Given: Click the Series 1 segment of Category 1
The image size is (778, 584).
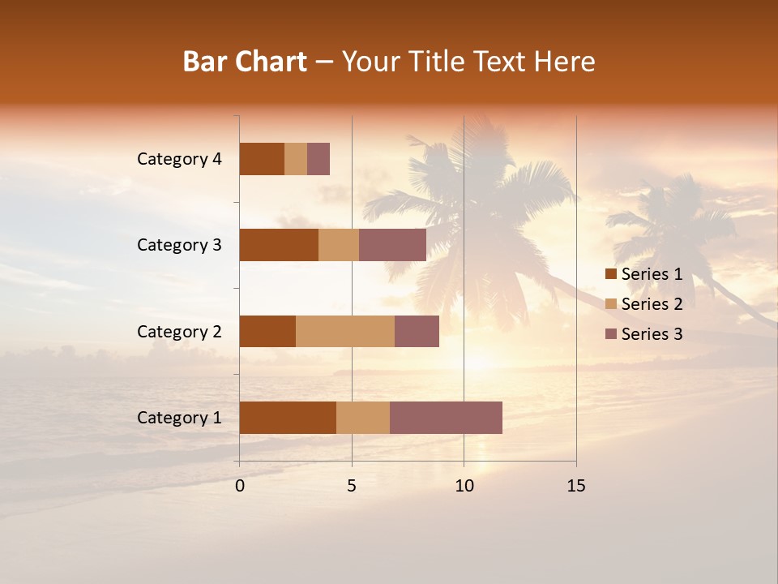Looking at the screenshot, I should click(x=288, y=418).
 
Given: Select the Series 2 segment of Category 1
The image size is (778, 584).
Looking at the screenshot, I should click(x=363, y=418).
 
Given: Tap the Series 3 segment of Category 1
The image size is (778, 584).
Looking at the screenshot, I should click(x=446, y=418).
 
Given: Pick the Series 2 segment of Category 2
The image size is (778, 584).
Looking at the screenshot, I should click(x=345, y=331).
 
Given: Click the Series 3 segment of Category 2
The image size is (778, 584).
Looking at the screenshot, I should click(x=417, y=331).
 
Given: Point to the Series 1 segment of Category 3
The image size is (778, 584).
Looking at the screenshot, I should click(x=279, y=245).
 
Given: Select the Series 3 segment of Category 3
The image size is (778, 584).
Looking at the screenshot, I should click(x=392, y=245).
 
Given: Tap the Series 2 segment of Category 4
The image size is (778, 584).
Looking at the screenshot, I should click(x=296, y=159).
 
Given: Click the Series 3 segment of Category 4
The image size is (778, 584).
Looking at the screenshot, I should click(x=318, y=159).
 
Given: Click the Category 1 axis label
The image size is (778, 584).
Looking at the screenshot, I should click(x=179, y=418).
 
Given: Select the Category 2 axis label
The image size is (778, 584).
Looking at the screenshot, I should click(x=179, y=331).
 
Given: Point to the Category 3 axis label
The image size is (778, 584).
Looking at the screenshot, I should click(x=179, y=245).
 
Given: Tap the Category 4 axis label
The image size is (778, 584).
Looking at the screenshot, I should click(x=179, y=159).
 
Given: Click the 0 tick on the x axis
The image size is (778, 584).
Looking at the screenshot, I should click(x=240, y=486).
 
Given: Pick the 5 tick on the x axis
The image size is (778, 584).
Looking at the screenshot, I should click(x=352, y=486).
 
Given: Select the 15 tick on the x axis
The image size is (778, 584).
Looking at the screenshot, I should click(x=575, y=486).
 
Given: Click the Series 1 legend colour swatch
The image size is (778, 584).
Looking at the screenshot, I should click(x=611, y=274).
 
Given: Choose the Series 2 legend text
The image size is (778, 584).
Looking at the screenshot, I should click(x=652, y=304).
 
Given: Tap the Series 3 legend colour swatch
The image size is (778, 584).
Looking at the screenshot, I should click(x=611, y=334).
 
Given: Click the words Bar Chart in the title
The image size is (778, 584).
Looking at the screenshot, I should click(x=245, y=62).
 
